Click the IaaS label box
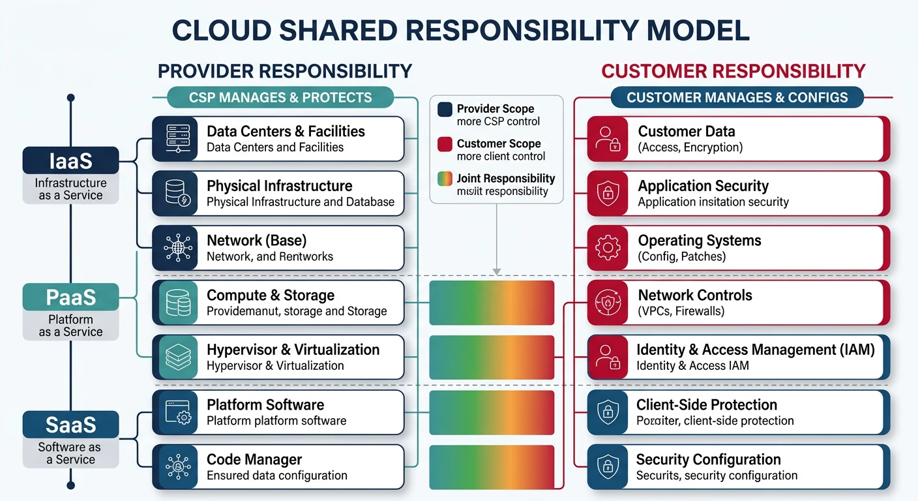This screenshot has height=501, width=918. click(x=70, y=160)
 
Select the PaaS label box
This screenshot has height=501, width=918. click(x=70, y=297)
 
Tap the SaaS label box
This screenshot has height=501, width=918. click(x=70, y=425)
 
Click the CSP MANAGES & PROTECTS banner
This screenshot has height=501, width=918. click(x=280, y=98)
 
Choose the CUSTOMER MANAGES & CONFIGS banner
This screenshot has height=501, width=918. click(x=737, y=98)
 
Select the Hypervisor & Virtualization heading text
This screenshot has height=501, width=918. click(x=293, y=350)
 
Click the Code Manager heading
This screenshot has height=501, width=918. click(x=254, y=459)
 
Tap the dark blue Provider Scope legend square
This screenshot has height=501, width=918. click(x=445, y=110)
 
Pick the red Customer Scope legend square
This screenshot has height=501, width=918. click(x=445, y=144)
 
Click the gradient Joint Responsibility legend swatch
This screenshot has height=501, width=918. click(x=445, y=179)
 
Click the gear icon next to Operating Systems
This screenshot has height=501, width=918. click(x=608, y=248)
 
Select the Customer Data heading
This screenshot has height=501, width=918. click(x=686, y=131)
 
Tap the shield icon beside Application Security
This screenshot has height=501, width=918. click(x=608, y=193)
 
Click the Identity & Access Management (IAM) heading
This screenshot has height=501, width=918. click(x=755, y=350)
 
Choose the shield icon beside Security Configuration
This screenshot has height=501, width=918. click(x=608, y=467)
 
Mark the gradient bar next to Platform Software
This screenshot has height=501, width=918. click(x=492, y=412)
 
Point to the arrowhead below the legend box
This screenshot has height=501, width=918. click(x=496, y=271)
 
